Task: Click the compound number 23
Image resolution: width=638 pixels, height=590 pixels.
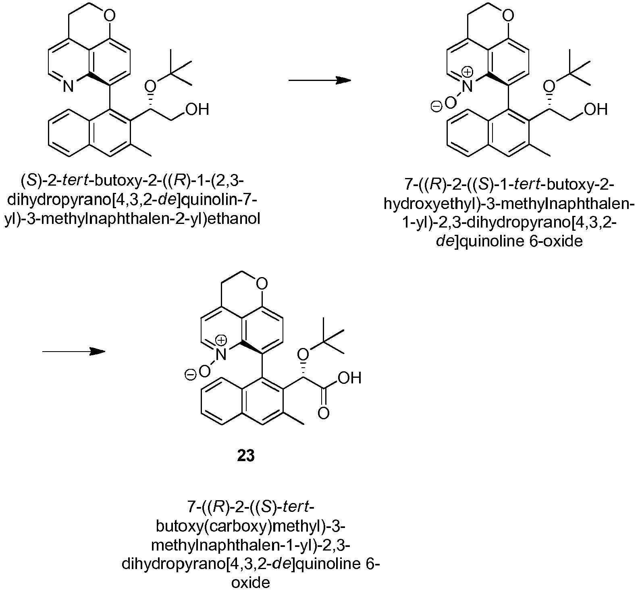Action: tap(246, 456)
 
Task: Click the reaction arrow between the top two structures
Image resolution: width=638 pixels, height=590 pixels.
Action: tap(320, 80)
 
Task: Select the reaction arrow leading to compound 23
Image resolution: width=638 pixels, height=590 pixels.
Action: tap(74, 352)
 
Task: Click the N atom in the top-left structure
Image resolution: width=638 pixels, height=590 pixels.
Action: tap(69, 86)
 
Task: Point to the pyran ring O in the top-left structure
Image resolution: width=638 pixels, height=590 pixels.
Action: tap(109, 16)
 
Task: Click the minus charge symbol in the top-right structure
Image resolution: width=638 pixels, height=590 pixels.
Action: tap(436, 107)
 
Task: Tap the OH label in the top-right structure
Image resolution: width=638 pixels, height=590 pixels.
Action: tap(596, 110)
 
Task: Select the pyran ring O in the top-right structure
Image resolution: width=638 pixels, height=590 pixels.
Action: tap(508, 16)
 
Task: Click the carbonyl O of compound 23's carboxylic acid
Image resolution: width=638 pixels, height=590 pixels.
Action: tap(323, 414)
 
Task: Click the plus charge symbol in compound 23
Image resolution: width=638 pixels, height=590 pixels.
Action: tap(221, 341)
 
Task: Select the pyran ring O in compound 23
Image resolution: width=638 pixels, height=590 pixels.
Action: tap(261, 285)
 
